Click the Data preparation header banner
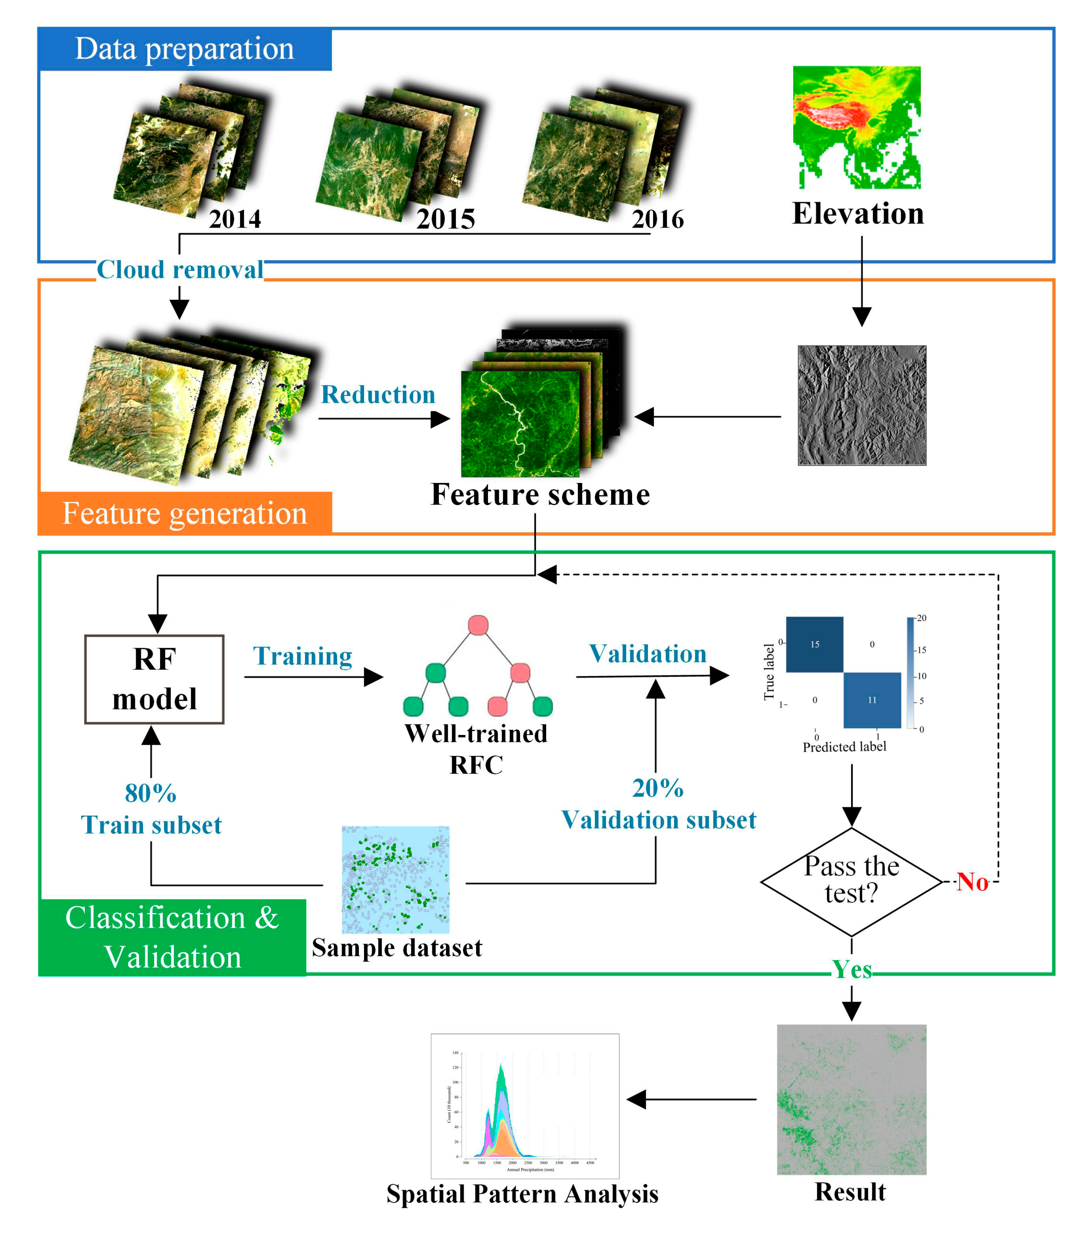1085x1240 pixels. [185, 49]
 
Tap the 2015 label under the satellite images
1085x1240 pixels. [446, 219]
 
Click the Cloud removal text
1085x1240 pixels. [180, 270]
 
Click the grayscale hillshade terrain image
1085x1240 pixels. [862, 405]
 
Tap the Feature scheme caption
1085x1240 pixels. [540, 494]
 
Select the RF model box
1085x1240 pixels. [155, 679]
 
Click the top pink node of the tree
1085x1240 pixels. [478, 625]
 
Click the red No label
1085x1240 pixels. [973, 882]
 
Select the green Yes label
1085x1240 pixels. [852, 970]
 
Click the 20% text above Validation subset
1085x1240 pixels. [658, 788]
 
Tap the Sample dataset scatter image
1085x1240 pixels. [395, 880]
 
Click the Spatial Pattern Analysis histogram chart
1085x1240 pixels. [524, 1106]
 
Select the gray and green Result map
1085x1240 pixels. [851, 1099]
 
